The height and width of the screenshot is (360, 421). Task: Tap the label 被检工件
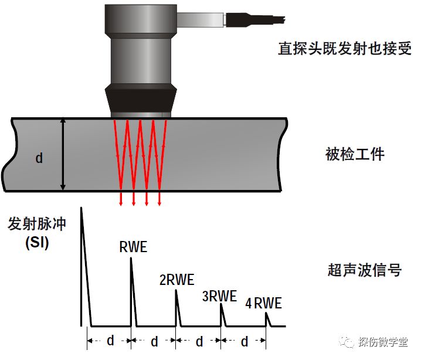(355, 155)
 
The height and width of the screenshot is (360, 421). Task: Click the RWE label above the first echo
(133, 247)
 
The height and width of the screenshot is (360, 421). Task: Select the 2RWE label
(176, 280)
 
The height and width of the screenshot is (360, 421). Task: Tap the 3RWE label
(219, 296)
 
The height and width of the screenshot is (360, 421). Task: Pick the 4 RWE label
(263, 303)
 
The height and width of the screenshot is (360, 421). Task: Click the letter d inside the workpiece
(39, 158)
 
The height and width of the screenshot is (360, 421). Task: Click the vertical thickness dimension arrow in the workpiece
(63, 154)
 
